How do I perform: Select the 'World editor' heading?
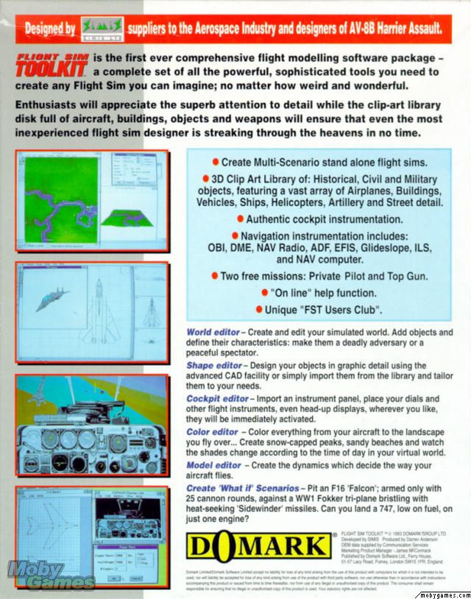click(213, 333)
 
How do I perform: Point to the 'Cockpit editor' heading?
click(218, 399)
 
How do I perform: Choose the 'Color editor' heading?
click(212, 432)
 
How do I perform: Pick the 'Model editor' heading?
click(213, 466)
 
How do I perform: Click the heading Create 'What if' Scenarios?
click(243, 488)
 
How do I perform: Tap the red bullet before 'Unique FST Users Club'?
click(260, 309)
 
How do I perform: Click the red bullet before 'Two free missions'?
click(215, 276)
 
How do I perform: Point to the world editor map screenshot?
click(62, 202)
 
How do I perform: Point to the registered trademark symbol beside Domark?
click(335, 536)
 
